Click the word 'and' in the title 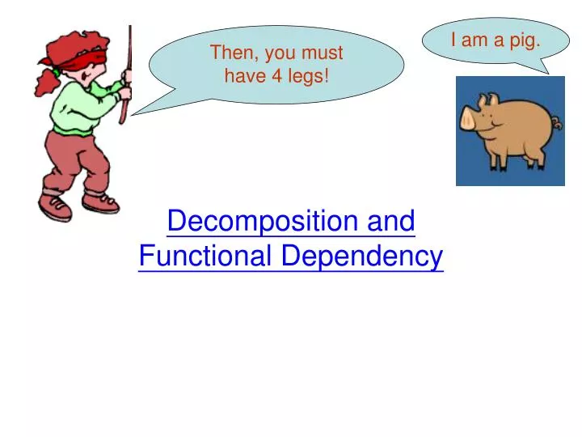click(391, 221)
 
